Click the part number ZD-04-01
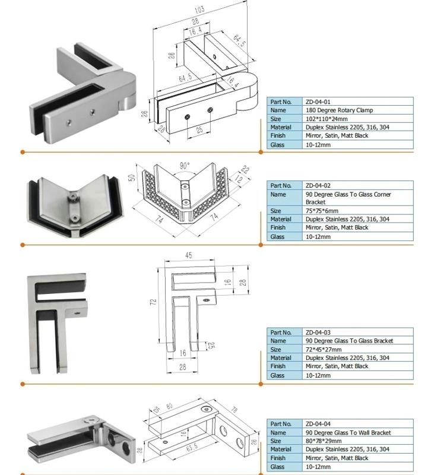coord(318,102)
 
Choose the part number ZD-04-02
coord(318,185)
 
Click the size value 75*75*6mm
coord(321,211)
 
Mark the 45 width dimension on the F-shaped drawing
coord(188,256)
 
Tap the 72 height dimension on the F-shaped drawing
coord(153,302)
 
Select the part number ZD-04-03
coord(318,332)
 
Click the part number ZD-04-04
coord(318,424)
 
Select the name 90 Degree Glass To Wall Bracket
coord(347,433)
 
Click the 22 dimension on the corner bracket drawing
coord(245,170)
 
